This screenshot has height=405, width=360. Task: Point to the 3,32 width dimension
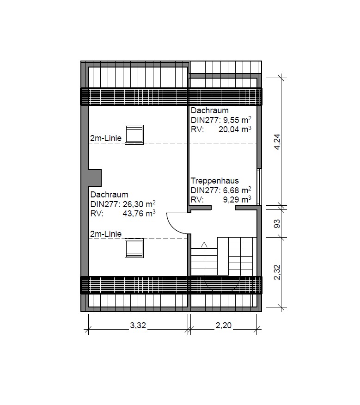[x=138, y=325]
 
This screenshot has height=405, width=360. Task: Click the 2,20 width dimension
[x=224, y=325]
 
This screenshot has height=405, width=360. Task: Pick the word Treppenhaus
[x=214, y=181]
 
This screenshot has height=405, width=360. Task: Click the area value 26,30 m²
[x=139, y=204]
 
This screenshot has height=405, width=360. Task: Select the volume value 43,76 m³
[x=139, y=214]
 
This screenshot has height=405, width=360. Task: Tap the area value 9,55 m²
[x=237, y=120]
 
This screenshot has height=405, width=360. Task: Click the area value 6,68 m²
[x=237, y=190]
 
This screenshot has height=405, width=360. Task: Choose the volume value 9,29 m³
[x=237, y=200]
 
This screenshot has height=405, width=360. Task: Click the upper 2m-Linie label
[x=106, y=138]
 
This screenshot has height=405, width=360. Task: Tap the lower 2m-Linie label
[x=106, y=234]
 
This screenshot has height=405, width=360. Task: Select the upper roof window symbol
[x=134, y=135]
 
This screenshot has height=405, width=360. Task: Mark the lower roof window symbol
[x=134, y=248]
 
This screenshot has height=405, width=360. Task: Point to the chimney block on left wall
[x=95, y=178]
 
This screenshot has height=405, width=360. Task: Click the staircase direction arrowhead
[x=205, y=245]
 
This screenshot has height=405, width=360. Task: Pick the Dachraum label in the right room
[x=210, y=110]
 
